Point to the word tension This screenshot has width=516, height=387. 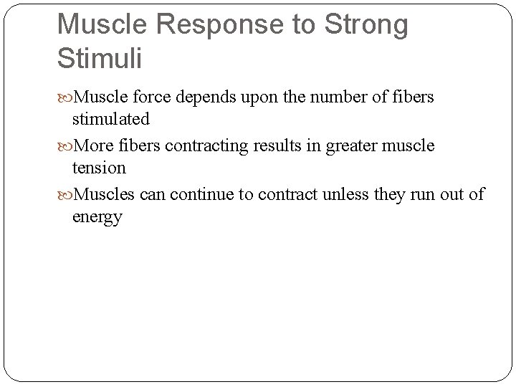click(x=99, y=168)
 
